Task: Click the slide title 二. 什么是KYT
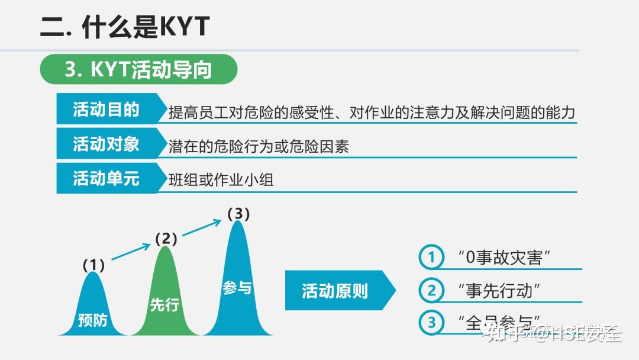(x=125, y=27)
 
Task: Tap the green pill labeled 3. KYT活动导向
(x=138, y=70)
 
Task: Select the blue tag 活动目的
(x=106, y=110)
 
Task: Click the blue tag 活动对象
(x=106, y=144)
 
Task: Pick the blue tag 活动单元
(x=106, y=178)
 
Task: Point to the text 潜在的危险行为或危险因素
(x=259, y=147)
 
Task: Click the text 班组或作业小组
(x=221, y=180)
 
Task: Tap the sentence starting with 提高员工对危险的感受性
(x=372, y=112)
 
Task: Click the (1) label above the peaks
(x=93, y=265)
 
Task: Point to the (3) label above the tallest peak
(x=238, y=214)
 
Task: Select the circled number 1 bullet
(x=431, y=258)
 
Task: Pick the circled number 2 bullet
(x=431, y=291)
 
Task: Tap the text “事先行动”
(x=499, y=291)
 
